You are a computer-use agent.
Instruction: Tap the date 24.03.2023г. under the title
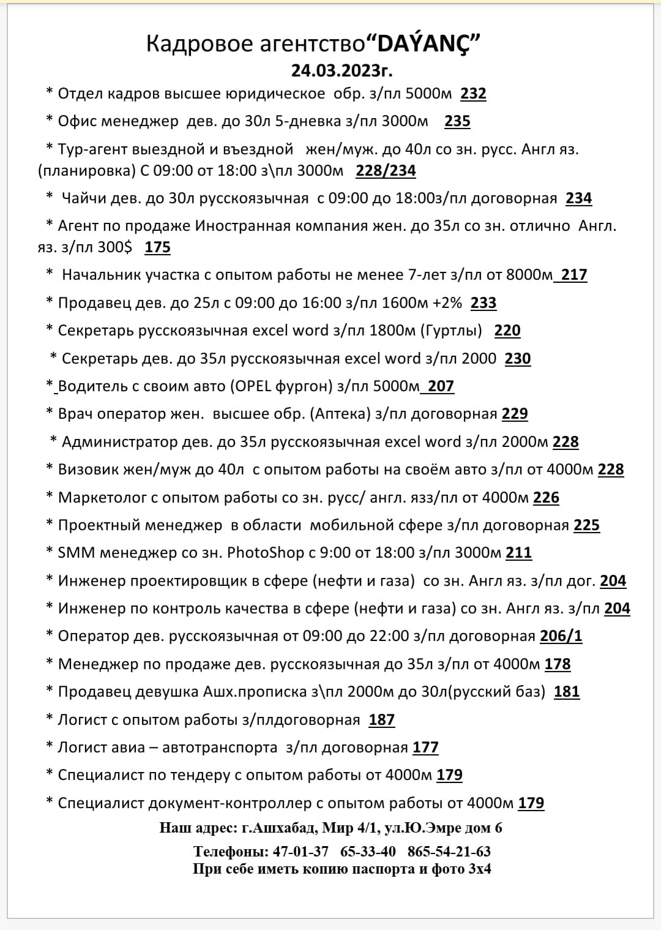(342, 70)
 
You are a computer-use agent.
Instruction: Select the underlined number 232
(473, 94)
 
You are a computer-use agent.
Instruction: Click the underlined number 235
(457, 121)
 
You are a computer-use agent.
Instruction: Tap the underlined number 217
(574, 275)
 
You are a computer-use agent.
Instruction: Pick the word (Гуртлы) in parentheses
(451, 331)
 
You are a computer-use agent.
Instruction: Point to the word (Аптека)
(340, 414)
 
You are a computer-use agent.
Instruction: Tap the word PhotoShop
(266, 553)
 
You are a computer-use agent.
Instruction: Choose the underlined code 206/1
(561, 636)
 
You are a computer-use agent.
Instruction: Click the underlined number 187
(381, 719)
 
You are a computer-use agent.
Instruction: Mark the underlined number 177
(425, 748)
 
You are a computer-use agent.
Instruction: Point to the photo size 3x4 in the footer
(479, 868)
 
